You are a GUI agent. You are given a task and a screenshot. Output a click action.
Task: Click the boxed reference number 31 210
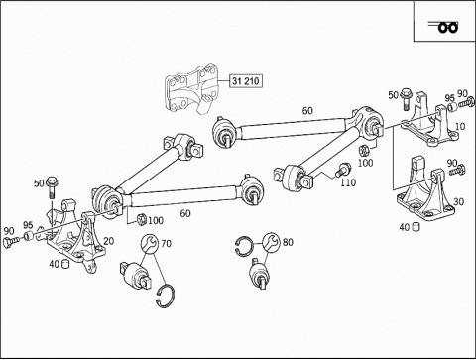click(246, 81)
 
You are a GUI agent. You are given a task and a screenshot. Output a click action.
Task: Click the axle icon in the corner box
click(444, 27)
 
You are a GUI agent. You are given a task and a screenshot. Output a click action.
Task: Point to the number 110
click(348, 182)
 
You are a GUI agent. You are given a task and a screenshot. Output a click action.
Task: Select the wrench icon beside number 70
click(148, 243)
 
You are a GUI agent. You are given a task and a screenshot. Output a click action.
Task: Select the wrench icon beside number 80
click(271, 242)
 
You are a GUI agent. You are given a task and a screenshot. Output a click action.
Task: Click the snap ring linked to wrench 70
click(165, 296)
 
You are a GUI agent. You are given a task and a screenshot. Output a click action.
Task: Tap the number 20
click(108, 241)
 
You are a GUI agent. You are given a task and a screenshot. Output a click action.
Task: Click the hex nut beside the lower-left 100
click(141, 219)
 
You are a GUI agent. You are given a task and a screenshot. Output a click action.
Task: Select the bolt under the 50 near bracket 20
click(52, 187)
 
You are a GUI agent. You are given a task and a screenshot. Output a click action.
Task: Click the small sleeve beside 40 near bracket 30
click(416, 227)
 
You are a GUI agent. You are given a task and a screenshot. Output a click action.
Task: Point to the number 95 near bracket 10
click(449, 98)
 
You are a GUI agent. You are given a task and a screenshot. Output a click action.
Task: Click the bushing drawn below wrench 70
click(136, 275)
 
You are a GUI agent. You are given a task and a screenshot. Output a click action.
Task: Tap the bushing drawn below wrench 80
click(260, 274)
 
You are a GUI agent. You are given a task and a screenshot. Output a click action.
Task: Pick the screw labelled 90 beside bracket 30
click(457, 171)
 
